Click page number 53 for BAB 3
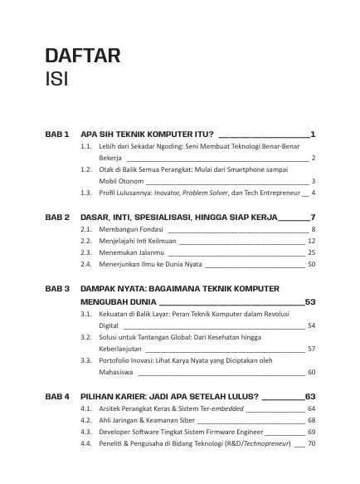pos(311,301)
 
